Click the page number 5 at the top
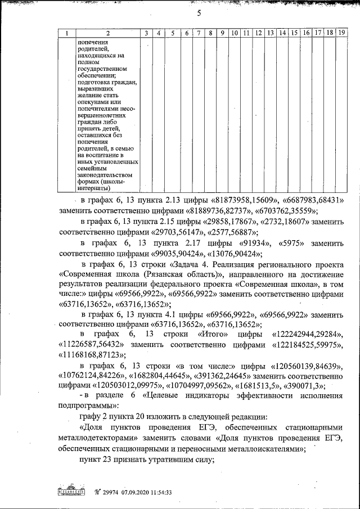click(199, 14)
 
